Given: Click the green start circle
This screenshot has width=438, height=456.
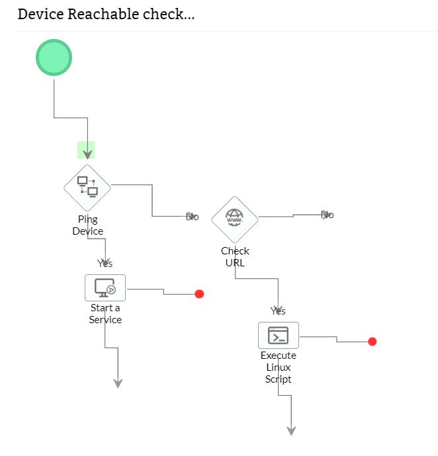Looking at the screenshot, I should click(54, 57).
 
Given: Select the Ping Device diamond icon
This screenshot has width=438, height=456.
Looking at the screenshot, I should click(87, 188).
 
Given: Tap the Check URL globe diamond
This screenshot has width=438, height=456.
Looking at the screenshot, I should click(235, 219).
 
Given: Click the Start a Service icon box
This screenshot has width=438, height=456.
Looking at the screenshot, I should click(105, 288).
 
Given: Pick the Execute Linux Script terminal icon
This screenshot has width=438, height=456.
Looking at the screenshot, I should click(278, 336).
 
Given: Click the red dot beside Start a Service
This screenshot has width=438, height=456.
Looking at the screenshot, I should click(199, 294).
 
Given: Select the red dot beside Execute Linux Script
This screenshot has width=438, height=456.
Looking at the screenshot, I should click(372, 342).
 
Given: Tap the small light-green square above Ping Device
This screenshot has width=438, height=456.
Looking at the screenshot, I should click(86, 150).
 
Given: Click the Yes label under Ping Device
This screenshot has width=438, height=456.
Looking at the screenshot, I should click(105, 264).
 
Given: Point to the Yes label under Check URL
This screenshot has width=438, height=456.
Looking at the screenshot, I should click(278, 311).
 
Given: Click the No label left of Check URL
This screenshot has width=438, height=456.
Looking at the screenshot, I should click(193, 217).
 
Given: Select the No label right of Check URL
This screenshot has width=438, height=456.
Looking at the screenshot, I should click(327, 215).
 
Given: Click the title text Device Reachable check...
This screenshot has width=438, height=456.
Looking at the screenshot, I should click(106, 14).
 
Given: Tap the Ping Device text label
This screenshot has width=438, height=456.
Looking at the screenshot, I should click(87, 225).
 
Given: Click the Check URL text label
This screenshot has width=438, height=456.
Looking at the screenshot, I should click(235, 256).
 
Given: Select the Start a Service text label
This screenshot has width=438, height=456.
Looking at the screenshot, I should click(105, 314).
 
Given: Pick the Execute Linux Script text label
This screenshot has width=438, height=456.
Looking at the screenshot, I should click(278, 367).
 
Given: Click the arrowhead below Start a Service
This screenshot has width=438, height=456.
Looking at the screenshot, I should click(118, 383).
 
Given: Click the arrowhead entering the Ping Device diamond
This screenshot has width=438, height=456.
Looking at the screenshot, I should click(87, 155).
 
